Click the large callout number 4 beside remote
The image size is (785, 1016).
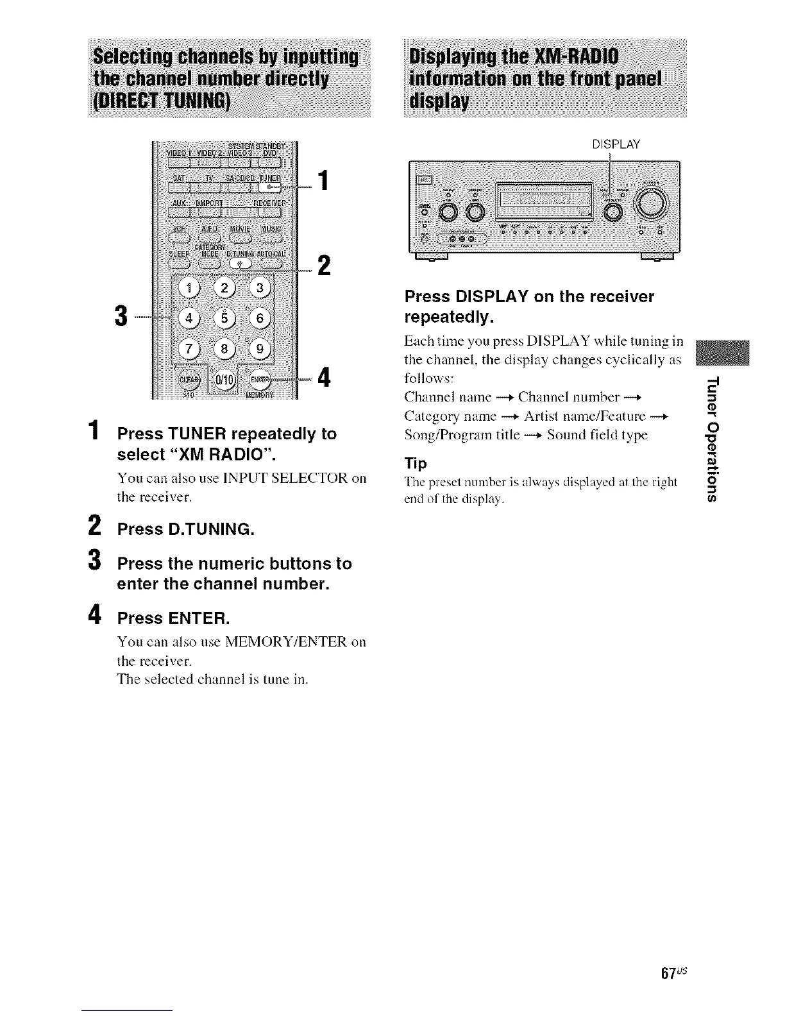pyautogui.click(x=324, y=378)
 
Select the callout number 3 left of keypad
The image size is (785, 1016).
pyautogui.click(x=119, y=316)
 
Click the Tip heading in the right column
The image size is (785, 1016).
pyautogui.click(x=416, y=463)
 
